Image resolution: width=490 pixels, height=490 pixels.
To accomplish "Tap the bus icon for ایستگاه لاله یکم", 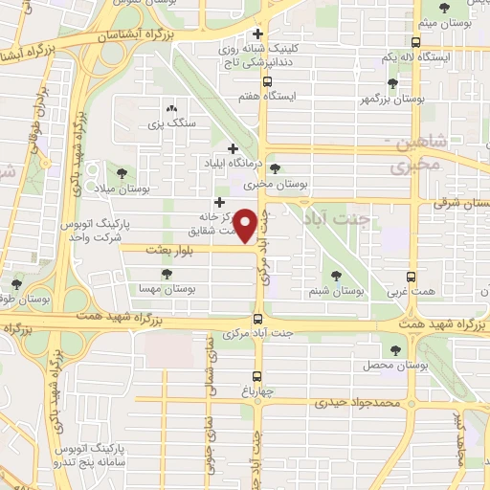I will pos(414,43).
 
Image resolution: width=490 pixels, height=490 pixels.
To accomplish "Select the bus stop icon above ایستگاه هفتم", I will pos(257,82).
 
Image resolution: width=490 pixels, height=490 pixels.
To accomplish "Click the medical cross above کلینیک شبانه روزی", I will pos(257,34).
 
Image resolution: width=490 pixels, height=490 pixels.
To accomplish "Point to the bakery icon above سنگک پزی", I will pos(171,110).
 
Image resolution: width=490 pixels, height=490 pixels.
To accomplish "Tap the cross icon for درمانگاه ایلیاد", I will pos(234,148).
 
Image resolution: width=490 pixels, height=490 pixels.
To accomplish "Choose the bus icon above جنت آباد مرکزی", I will pos(257,320).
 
